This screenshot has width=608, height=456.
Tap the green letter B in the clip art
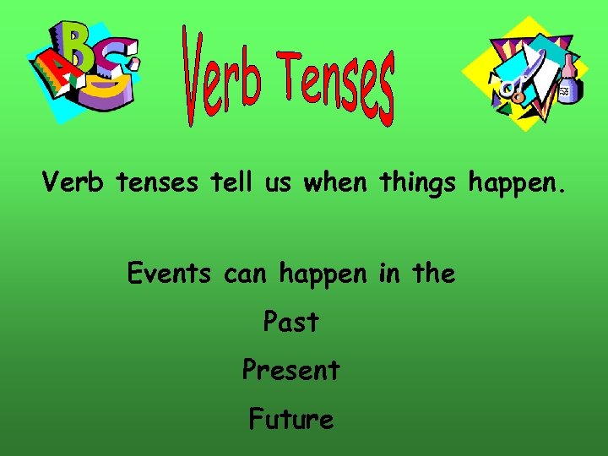[80, 46]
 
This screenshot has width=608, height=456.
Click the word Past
[290, 322]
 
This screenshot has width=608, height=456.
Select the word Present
[290, 370]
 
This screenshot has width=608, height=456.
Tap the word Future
[290, 419]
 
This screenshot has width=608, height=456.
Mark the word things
[418, 182]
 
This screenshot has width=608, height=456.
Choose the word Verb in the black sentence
[73, 182]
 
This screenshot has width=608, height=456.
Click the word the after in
[432, 274]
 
